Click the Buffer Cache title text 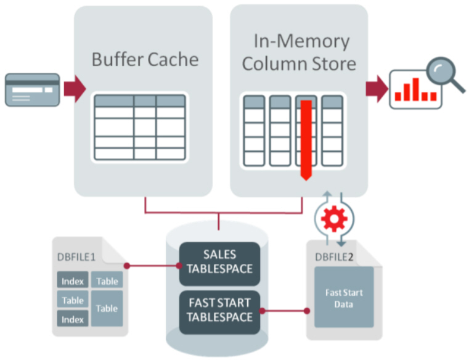tap(145, 60)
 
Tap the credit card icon tap(33, 89)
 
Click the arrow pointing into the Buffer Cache tap(74, 89)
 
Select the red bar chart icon tap(416, 90)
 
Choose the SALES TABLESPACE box tap(219, 263)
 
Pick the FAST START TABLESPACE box tap(219, 310)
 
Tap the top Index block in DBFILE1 tap(73, 281)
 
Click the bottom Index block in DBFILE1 tap(73, 319)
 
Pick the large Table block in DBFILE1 tap(107, 308)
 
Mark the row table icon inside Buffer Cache tap(139, 128)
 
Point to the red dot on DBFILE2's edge tap(307, 311)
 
